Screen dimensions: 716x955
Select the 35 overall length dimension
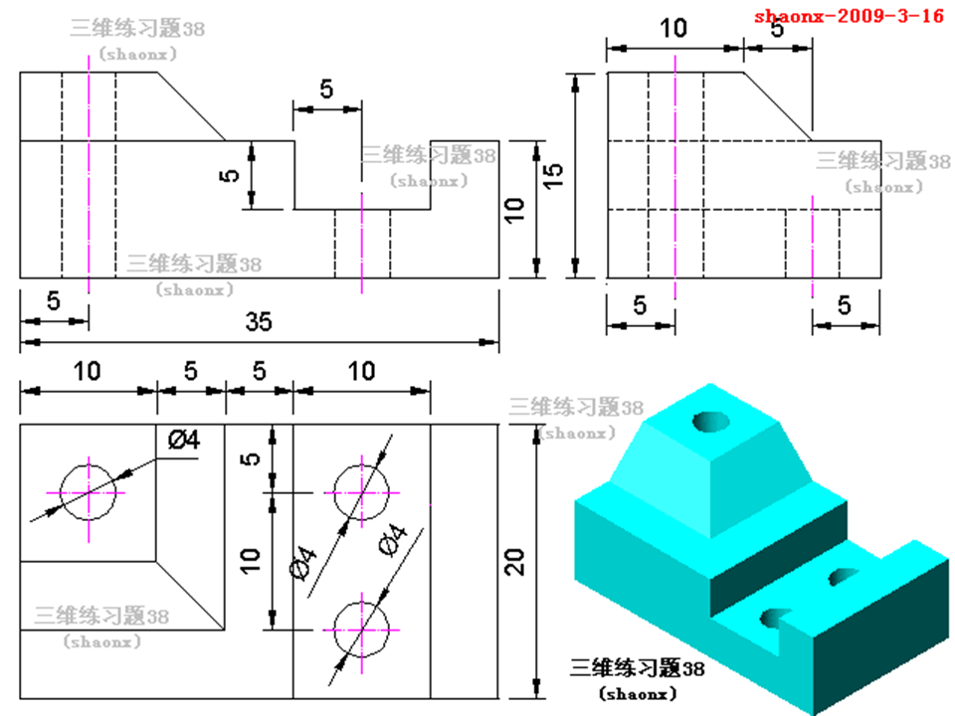(x=259, y=322)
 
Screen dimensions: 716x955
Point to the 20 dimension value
(x=514, y=561)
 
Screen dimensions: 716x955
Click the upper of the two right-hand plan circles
(x=362, y=491)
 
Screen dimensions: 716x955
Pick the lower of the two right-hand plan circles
(x=362, y=629)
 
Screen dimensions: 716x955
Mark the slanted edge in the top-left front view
(x=192, y=106)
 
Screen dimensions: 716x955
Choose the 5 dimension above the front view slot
(x=326, y=89)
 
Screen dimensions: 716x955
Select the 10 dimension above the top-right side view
(x=673, y=28)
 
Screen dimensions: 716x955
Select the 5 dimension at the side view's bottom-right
(x=845, y=306)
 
